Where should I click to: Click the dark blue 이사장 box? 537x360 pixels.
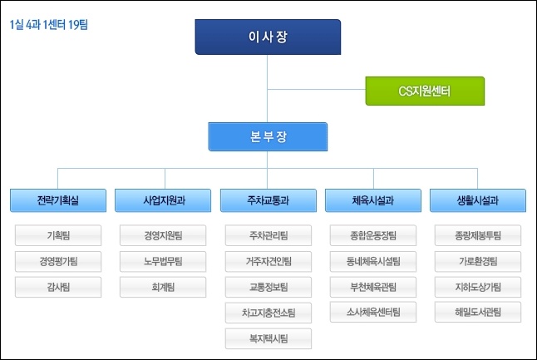point(268,37)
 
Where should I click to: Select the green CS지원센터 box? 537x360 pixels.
point(425,91)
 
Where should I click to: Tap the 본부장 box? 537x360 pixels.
point(268,136)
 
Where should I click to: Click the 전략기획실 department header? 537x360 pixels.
point(58,200)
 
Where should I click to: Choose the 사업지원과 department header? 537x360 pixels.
point(163,200)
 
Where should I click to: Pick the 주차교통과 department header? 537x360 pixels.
point(268,200)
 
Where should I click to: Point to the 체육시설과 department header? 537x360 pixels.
point(373,200)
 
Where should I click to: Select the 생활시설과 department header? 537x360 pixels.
point(478,200)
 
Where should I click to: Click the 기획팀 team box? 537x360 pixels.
point(58,235)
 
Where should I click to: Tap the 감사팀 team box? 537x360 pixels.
point(58,287)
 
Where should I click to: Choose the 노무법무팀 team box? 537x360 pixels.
point(163,262)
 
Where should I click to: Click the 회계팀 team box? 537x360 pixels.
point(163,287)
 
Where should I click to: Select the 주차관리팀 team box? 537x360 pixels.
point(268,235)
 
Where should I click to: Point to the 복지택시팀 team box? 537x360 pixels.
point(268,338)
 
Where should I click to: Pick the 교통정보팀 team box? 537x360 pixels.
point(268,287)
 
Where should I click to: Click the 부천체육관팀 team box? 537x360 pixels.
point(373,287)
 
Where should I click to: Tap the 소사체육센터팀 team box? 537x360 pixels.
point(373,312)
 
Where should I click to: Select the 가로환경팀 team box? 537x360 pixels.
point(478,262)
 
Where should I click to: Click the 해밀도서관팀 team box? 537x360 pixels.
point(478,312)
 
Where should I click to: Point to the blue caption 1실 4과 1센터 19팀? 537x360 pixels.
point(49,25)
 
